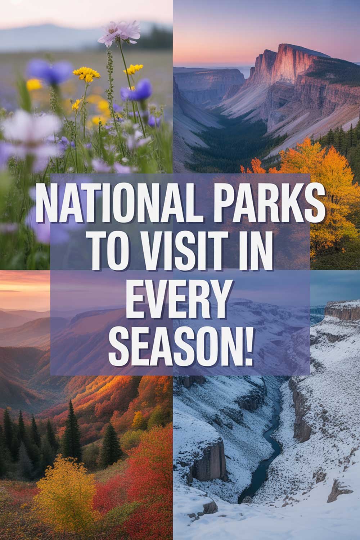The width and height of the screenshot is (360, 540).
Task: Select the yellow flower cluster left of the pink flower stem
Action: click(86, 73)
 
